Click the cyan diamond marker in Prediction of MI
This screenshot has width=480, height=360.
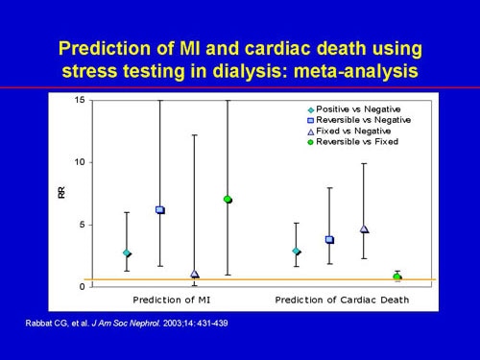click(127, 253)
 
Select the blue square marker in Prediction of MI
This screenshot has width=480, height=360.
click(160, 209)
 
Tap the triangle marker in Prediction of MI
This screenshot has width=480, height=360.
click(195, 274)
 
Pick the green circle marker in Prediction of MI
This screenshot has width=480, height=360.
click(228, 200)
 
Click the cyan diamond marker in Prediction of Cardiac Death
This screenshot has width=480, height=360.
click(297, 252)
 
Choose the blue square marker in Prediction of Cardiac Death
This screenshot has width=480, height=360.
click(329, 239)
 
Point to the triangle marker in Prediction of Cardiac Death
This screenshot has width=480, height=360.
click(364, 229)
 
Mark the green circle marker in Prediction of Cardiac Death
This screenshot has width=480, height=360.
click(397, 277)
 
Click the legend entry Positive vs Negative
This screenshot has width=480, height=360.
click(358, 108)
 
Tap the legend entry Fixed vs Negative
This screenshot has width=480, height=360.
click(352, 131)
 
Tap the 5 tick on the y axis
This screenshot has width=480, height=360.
click(83, 225)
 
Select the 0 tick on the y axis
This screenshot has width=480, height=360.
click(83, 286)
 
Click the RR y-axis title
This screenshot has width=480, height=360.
click(62, 193)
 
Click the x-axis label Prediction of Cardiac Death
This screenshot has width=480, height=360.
click(342, 300)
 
